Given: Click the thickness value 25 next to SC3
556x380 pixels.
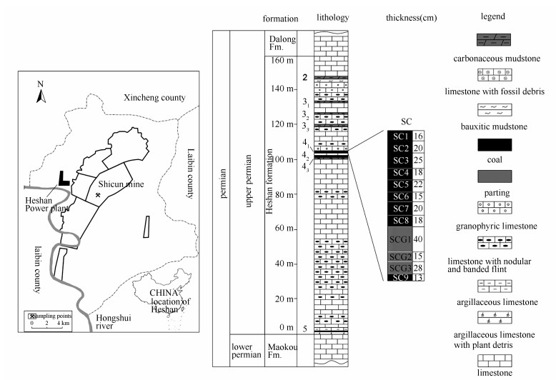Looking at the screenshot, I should coord(419,160).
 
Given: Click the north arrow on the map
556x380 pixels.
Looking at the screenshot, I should coord(41,91).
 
